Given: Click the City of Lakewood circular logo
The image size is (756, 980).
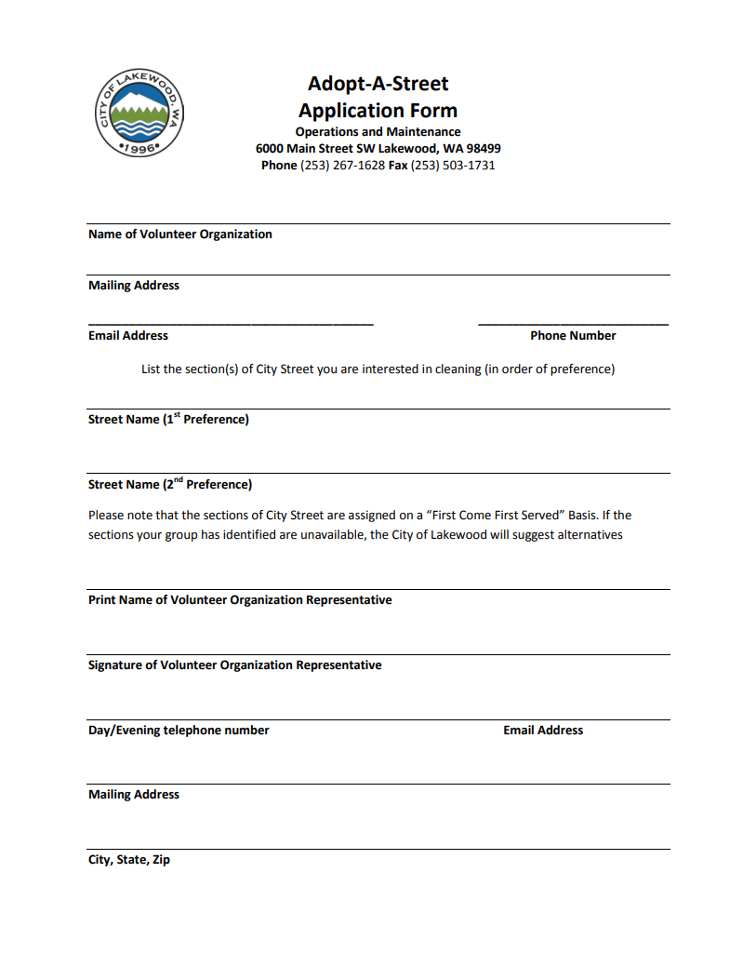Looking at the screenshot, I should pyautogui.click(x=139, y=114).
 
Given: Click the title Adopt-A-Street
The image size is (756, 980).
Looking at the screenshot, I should pyautogui.click(x=378, y=84).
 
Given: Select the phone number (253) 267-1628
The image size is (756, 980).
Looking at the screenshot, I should pyautogui.click(x=342, y=165).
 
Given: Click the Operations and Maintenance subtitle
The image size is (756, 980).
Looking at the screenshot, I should pyautogui.click(x=378, y=131).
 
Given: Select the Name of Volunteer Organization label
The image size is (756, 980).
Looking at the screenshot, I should pyautogui.click(x=179, y=235).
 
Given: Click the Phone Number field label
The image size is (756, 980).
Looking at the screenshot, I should pyautogui.click(x=573, y=335).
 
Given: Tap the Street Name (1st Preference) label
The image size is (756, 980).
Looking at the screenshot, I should pyautogui.click(x=168, y=419).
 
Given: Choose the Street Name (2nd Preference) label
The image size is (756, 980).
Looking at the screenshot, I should pyautogui.click(x=169, y=484).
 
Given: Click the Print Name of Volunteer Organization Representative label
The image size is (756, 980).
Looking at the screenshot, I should pyautogui.click(x=240, y=600).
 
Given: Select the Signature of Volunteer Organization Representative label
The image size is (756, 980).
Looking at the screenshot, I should pyautogui.click(x=234, y=665).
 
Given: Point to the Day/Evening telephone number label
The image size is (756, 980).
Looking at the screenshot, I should pyautogui.click(x=179, y=731).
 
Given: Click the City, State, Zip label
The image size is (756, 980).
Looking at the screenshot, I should pyautogui.click(x=129, y=860).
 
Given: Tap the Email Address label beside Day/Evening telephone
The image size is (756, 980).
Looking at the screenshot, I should pyautogui.click(x=543, y=731).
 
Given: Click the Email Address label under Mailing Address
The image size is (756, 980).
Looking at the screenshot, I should pyautogui.click(x=128, y=335).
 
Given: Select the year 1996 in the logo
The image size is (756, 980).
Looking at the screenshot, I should pyautogui.click(x=139, y=148).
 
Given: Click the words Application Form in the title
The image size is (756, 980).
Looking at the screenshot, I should pyautogui.click(x=378, y=110).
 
